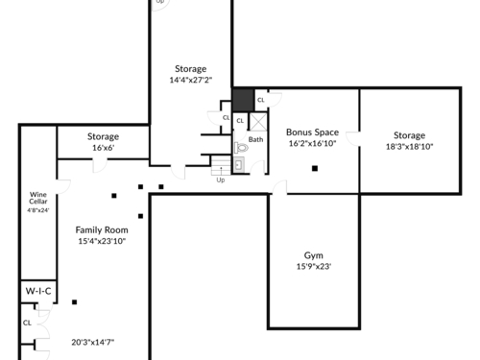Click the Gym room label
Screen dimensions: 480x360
(x=313, y=255)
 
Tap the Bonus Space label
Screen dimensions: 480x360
(x=312, y=132)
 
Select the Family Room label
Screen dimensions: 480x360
(x=102, y=229)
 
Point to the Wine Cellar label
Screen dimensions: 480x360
(x=38, y=198)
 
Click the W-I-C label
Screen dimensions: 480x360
(x=38, y=291)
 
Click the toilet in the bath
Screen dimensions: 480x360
(x=241, y=148)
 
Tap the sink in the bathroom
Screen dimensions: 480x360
(x=238, y=165)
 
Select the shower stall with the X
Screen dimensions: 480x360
(x=258, y=122)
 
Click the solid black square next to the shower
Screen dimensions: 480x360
(x=243, y=101)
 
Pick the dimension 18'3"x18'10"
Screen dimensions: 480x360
(x=409, y=147)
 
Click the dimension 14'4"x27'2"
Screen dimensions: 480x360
(x=191, y=80)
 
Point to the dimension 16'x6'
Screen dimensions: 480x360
(x=104, y=148)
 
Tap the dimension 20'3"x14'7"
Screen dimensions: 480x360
(x=93, y=343)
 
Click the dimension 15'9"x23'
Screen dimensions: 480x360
(x=314, y=266)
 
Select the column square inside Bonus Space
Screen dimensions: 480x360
(x=315, y=168)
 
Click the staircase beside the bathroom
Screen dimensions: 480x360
(x=221, y=165)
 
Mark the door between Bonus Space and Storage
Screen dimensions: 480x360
(x=353, y=139)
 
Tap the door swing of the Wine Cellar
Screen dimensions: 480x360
(x=63, y=187)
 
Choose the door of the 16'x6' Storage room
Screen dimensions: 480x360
(x=100, y=165)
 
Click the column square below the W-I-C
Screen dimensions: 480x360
(x=75, y=302)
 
